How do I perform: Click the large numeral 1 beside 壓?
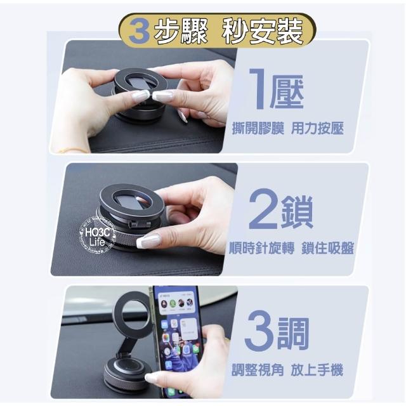[x=258, y=89]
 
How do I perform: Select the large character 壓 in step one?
[x=287, y=91]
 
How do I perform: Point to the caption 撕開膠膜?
[x=258, y=128]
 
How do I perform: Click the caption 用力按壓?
[x=317, y=128]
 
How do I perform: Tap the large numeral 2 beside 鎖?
[x=263, y=209]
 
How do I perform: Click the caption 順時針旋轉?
[x=262, y=248]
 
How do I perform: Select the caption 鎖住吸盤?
[x=328, y=248]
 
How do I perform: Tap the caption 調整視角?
[x=258, y=369]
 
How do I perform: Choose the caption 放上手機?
[x=317, y=369]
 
